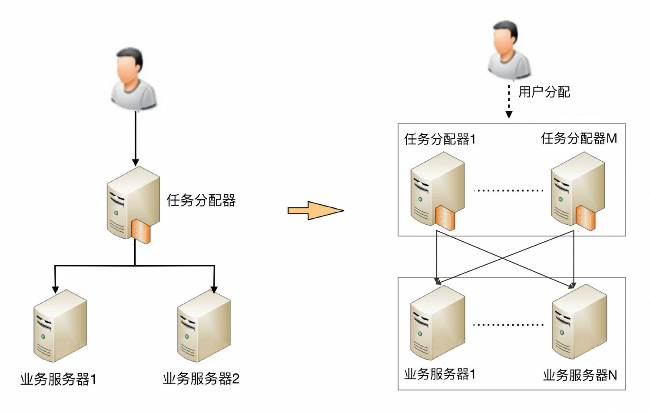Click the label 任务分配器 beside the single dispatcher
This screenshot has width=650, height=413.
coord(201,200)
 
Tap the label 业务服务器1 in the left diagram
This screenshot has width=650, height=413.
coord(58,379)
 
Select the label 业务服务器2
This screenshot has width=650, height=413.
coord(201,379)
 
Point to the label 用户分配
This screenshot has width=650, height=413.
coord(544,92)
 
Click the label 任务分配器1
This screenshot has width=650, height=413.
coord(440,139)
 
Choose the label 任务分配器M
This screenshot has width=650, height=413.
coord(579,138)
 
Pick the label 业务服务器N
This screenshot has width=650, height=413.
coord(580,375)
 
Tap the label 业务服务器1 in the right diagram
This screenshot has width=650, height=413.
coord(440,374)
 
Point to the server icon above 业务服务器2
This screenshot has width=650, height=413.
coord(203,326)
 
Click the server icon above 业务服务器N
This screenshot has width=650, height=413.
coord(579,322)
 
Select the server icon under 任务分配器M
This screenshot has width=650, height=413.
coord(577,190)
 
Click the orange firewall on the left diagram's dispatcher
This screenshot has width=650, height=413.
coord(142,230)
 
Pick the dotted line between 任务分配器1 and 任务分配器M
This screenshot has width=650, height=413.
coord(508,190)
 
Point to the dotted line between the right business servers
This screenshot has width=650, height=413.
coord(508,325)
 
